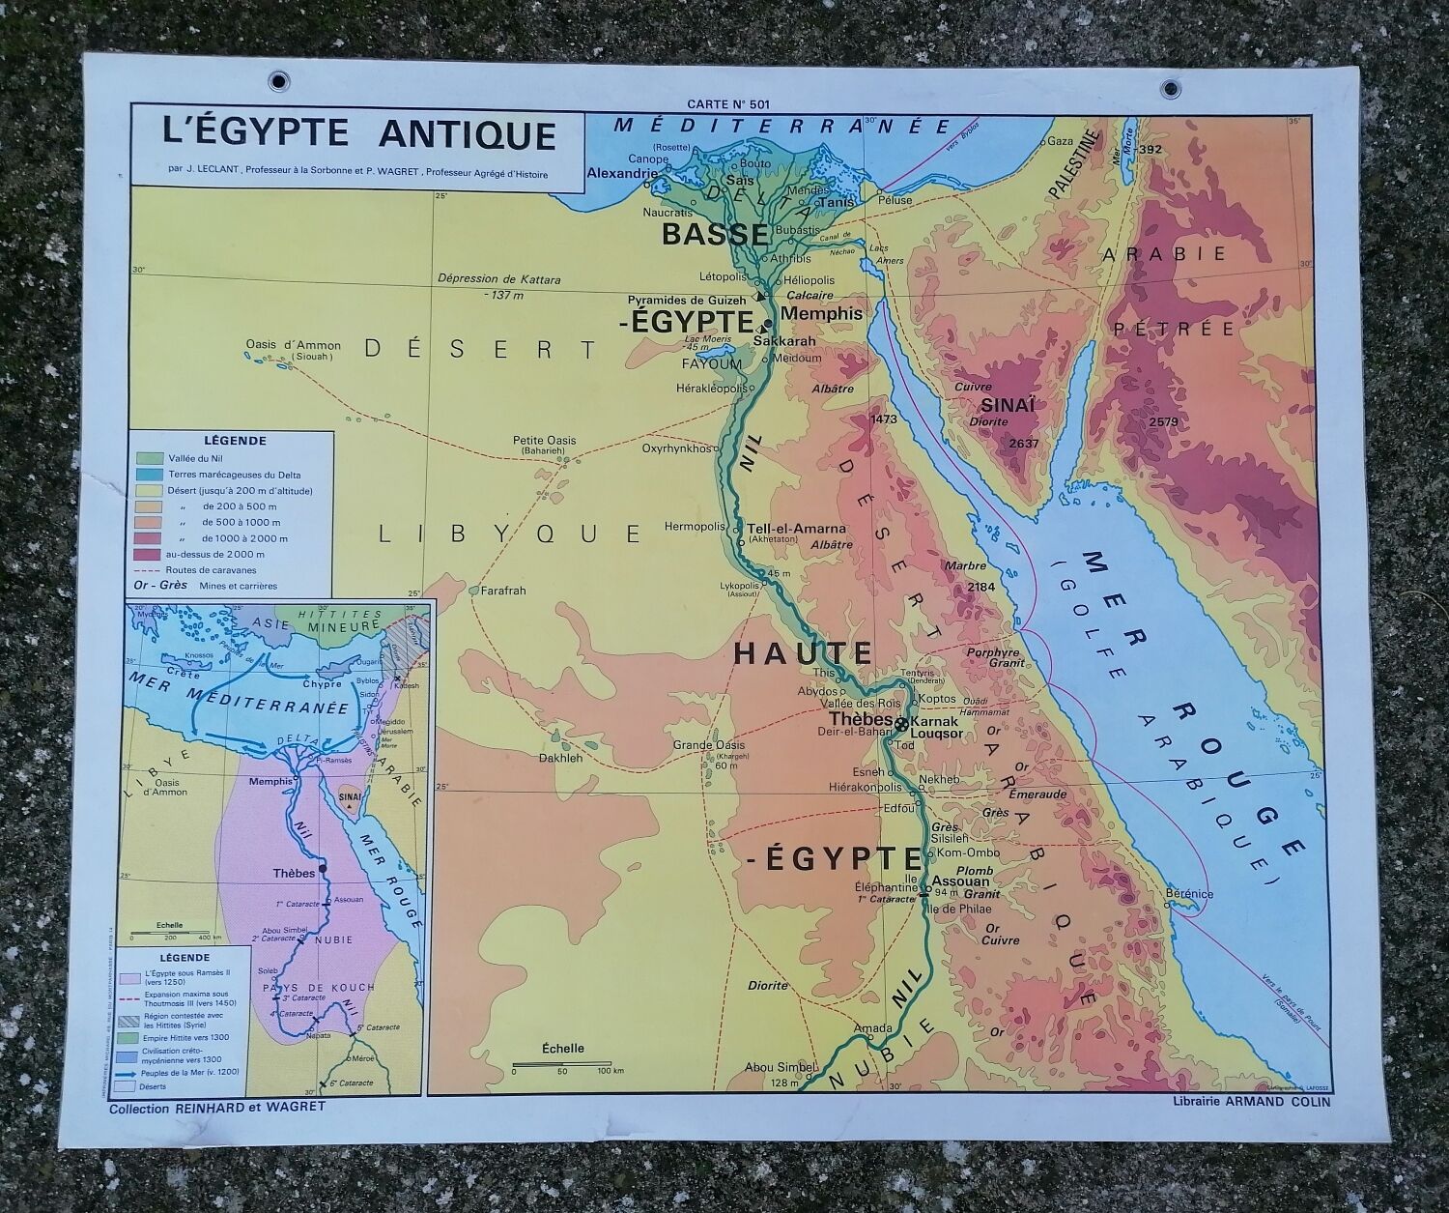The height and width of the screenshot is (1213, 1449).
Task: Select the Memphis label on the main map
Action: [821, 313]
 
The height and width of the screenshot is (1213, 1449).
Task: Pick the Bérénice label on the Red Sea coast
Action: [1189, 893]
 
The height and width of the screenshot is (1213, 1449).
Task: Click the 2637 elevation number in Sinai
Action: [1022, 443]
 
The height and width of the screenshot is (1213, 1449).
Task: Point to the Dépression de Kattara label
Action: [498, 279]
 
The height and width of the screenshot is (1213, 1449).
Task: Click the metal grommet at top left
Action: [281, 80]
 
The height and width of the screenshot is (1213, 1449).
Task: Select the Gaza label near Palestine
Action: [1063, 141]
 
